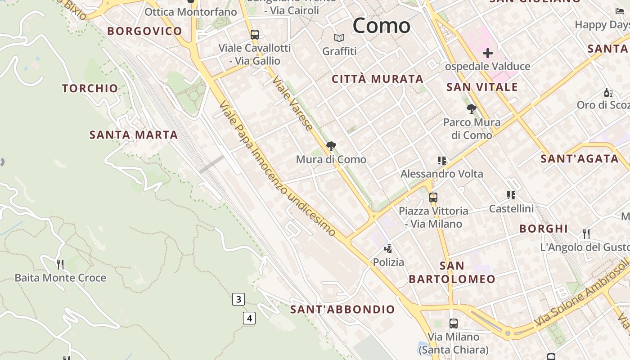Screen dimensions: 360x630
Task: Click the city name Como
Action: (381, 25)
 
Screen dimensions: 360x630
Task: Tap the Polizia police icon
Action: (388, 248)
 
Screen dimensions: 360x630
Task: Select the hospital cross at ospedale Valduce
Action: (487, 54)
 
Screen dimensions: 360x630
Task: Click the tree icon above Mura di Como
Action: (331, 146)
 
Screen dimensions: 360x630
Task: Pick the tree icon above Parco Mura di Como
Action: (471, 108)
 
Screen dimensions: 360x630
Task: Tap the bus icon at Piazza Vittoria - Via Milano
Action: (433, 197)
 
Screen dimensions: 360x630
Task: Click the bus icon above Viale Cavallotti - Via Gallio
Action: (254, 34)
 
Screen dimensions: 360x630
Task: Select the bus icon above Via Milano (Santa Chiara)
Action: (453, 323)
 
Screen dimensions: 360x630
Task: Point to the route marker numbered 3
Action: (238, 299)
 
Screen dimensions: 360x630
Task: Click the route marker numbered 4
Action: (249, 318)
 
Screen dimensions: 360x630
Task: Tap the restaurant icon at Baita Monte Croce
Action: (60, 264)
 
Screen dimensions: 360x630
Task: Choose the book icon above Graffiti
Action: (339, 38)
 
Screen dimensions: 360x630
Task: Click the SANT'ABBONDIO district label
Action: (342, 310)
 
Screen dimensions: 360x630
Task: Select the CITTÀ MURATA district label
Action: (378, 79)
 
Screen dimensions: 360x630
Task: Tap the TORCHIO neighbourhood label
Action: (90, 88)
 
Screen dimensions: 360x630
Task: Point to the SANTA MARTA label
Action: (134, 135)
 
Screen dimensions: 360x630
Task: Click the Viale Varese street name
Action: (292, 103)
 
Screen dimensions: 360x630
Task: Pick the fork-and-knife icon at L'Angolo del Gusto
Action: (586, 234)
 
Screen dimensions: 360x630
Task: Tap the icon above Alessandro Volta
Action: (441, 160)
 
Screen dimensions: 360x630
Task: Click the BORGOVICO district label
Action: (144, 31)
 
